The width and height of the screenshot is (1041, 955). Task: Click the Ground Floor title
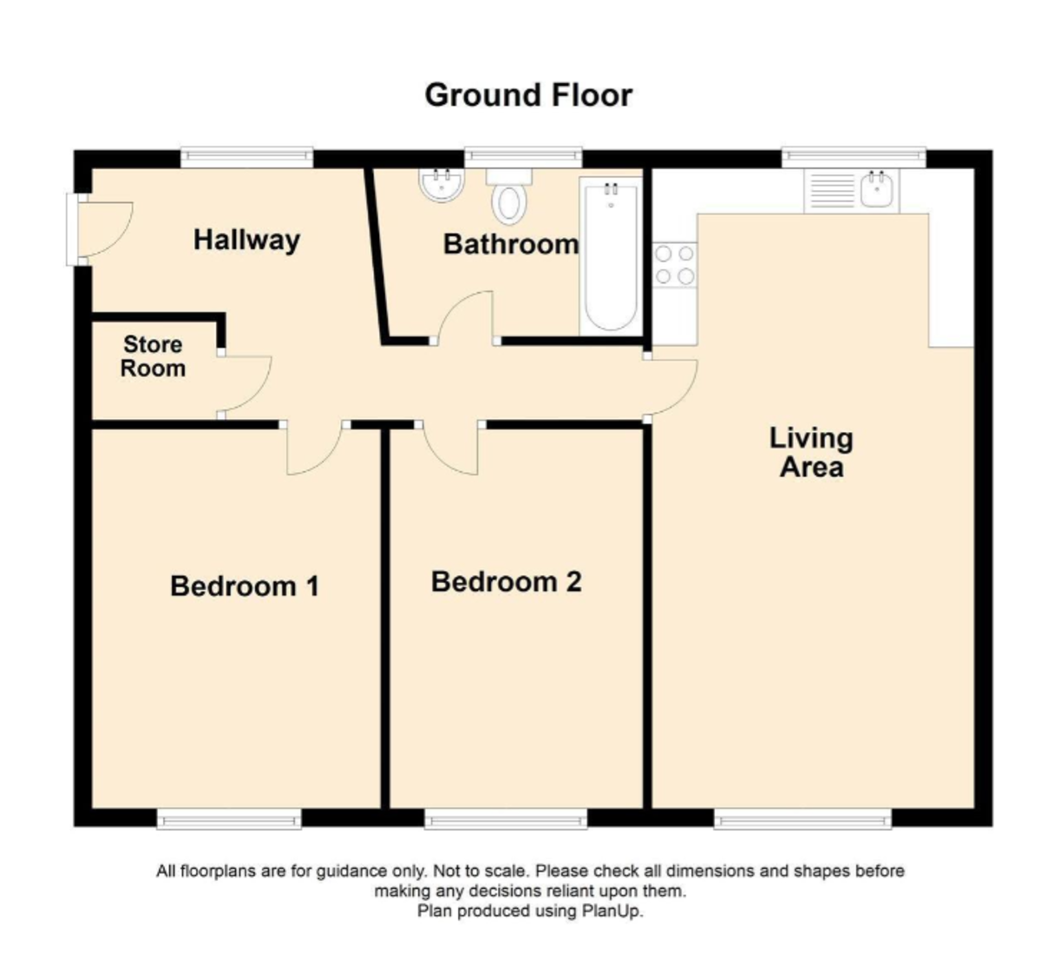[528, 96]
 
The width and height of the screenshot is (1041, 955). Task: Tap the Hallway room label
[246, 240]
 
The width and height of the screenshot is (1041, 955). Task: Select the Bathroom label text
[511, 244]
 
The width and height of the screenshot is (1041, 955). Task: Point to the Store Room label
[153, 356]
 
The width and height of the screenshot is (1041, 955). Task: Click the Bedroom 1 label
[245, 586]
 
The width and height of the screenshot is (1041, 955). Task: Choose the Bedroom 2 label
[507, 581]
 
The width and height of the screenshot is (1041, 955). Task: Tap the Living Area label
[811, 452]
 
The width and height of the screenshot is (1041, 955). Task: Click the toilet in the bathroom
[509, 196]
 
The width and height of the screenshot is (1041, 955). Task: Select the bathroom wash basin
[441, 184]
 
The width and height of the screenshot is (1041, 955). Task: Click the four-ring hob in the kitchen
[675, 265]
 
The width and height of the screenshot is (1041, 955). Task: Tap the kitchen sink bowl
[876, 190]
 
